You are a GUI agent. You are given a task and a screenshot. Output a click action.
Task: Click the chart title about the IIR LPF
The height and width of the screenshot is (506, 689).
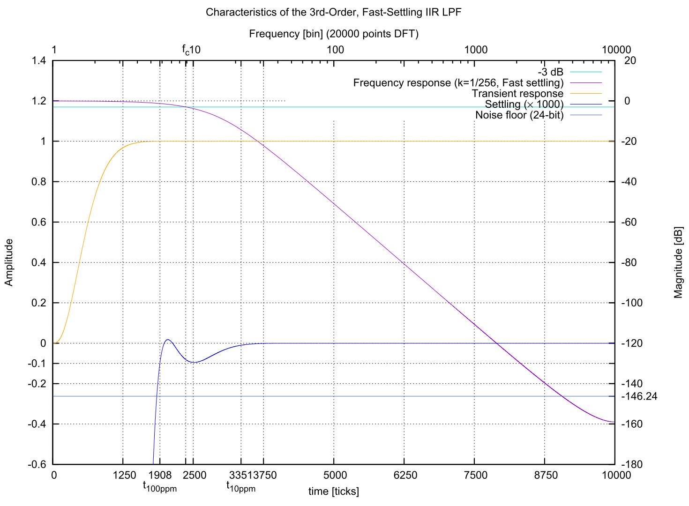point(333,12)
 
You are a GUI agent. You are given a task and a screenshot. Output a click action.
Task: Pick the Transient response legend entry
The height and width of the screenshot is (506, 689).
point(517,94)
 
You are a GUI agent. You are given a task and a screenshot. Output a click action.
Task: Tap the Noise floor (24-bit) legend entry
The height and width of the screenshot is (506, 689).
point(519,115)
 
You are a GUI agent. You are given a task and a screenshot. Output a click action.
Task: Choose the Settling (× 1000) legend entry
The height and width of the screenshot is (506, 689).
point(524,104)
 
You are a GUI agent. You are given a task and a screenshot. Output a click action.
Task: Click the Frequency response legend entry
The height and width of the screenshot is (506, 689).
point(458,83)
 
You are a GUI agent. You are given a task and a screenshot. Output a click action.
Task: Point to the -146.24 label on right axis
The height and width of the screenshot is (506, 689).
point(639,397)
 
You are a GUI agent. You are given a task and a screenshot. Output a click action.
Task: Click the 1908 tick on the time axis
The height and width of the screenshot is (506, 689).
point(160,476)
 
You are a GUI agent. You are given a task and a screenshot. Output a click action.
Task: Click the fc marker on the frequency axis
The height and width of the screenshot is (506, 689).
point(186,50)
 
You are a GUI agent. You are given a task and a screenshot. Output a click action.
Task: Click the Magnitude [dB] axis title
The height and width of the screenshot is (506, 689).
point(678,262)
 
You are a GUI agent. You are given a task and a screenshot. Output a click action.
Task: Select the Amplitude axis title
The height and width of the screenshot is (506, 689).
point(9,262)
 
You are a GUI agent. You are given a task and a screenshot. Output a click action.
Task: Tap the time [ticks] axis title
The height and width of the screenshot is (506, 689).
point(333,491)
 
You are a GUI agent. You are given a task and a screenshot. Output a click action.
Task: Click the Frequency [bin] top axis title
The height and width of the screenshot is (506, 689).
point(333,34)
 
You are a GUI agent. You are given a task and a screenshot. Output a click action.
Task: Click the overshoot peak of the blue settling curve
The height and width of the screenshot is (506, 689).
point(168,340)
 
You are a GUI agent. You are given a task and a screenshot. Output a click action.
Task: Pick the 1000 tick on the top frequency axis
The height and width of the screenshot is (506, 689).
point(476,50)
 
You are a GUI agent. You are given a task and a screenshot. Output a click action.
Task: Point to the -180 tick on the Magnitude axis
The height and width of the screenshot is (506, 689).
point(631,465)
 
